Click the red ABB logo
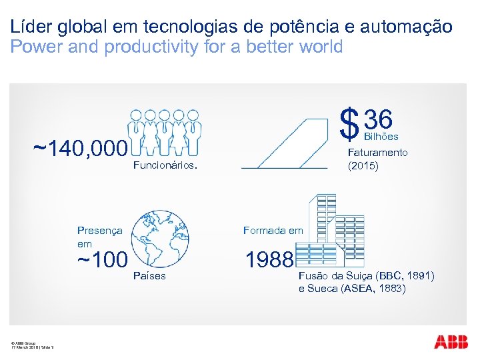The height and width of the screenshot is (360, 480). click(451, 343)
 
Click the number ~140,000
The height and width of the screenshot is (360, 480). click(79, 147)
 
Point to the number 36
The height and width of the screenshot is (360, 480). click(378, 120)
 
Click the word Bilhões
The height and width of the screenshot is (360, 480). click(381, 137)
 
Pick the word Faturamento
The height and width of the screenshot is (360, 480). click(377, 153)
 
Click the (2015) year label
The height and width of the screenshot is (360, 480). click(363, 166)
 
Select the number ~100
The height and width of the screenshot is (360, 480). click(102, 260)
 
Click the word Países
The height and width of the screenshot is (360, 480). click(149, 276)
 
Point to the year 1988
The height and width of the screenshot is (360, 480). click(269, 259)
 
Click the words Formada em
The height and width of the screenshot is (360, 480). click(273, 231)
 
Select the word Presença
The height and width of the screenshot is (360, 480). click(100, 231)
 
